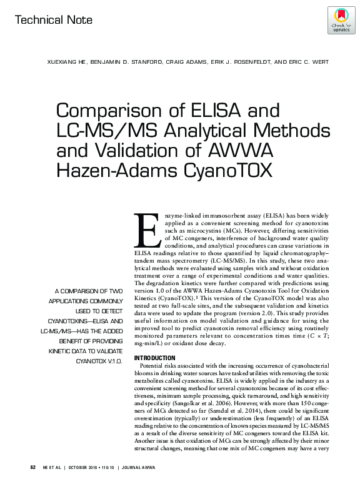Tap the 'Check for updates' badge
click(x=341, y=19)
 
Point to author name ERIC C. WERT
click(x=303, y=62)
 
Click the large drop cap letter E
click(x=147, y=233)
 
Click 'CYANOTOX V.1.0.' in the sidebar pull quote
click(x=99, y=361)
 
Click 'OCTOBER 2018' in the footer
click(x=86, y=467)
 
